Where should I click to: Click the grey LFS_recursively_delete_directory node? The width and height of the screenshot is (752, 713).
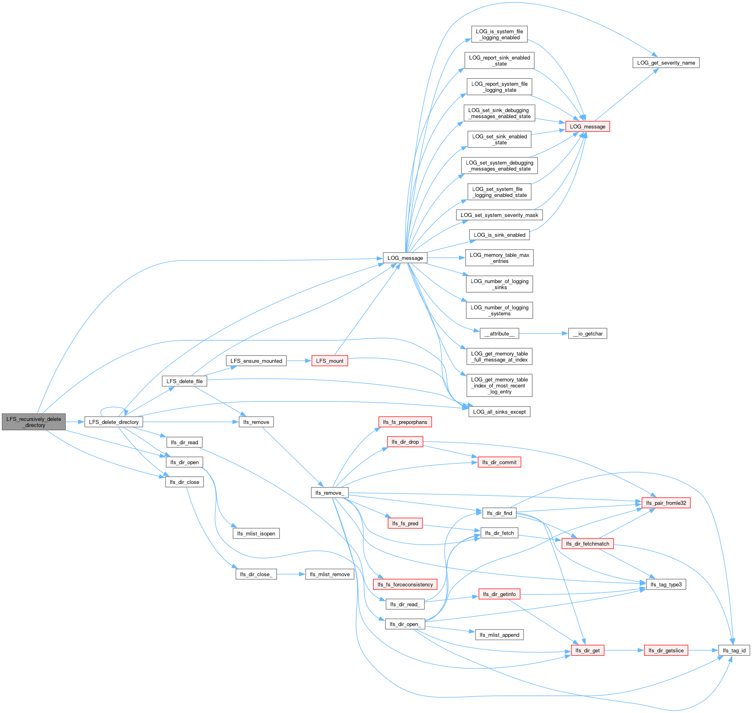tap(34, 422)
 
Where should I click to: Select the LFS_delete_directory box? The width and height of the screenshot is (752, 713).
tap(113, 422)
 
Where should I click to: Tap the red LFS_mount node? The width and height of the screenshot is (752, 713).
tap(330, 361)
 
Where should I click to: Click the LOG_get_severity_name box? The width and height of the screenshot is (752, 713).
tap(666, 63)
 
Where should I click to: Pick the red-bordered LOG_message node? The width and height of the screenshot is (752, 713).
tap(587, 126)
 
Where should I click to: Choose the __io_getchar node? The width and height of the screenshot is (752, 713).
tap(587, 333)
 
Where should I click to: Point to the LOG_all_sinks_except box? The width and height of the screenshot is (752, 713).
tap(499, 412)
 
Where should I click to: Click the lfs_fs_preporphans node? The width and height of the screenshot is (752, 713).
tap(405, 422)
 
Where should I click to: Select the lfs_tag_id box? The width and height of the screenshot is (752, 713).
tap(734, 650)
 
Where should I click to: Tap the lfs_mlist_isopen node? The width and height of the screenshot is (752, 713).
tap(256, 533)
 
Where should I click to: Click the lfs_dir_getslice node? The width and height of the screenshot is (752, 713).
tap(666, 650)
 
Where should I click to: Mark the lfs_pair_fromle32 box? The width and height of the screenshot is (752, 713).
tap(666, 503)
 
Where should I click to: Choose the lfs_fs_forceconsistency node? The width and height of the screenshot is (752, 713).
tap(405, 584)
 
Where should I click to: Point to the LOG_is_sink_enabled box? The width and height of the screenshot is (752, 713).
tap(499, 235)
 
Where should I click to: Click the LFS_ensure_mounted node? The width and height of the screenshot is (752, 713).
tap(256, 361)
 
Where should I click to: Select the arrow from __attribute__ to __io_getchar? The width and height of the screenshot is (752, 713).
tap(543, 333)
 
